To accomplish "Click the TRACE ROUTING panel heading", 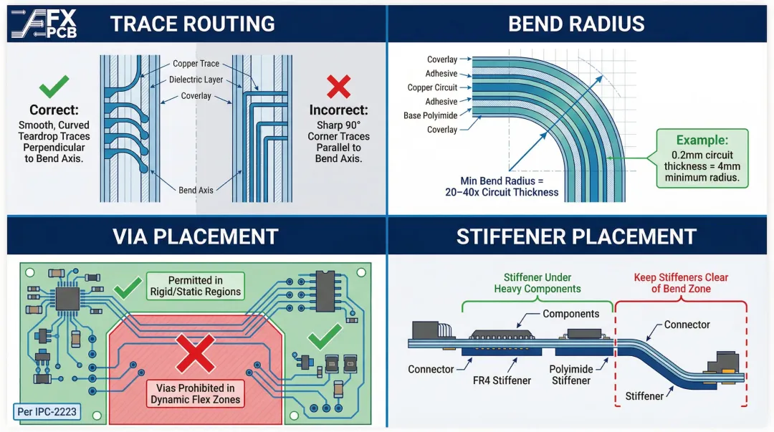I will pos(193,24).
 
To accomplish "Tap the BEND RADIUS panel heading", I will pos(576,24).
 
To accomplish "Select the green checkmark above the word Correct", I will pos(54,87).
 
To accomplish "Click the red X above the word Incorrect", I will pos(338,87).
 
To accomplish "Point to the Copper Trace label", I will pos(196,64).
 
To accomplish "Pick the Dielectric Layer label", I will pos(196,80).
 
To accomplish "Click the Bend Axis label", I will pos(196,190).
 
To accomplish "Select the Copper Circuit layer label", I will pos(432,87).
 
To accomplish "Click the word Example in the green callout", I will pos(702,140).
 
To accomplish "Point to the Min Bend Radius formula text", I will pos(502,186).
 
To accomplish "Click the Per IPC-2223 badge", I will pos(46,412).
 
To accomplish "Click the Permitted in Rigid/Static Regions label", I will pos(195,286).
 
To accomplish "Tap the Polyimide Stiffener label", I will pos(570,375).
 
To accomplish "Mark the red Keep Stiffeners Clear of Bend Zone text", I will pos(680,282).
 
